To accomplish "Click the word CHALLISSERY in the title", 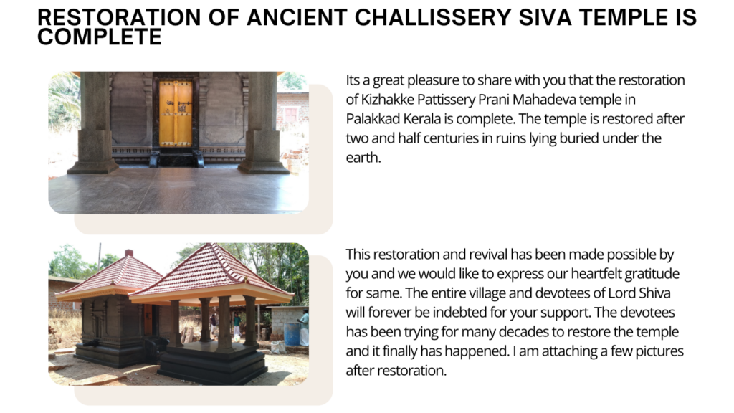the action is tap(432, 17).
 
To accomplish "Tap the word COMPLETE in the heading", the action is tap(100, 37).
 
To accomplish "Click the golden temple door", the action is tap(176, 113).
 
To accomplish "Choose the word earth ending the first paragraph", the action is tap(363, 157).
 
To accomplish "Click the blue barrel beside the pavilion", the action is tap(292, 334).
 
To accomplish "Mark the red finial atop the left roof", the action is tap(129, 253).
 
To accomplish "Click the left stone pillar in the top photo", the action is tap(94, 123).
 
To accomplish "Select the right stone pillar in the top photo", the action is tap(263, 123).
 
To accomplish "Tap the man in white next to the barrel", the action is tap(304, 327).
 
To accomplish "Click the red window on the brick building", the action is tap(290, 115).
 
